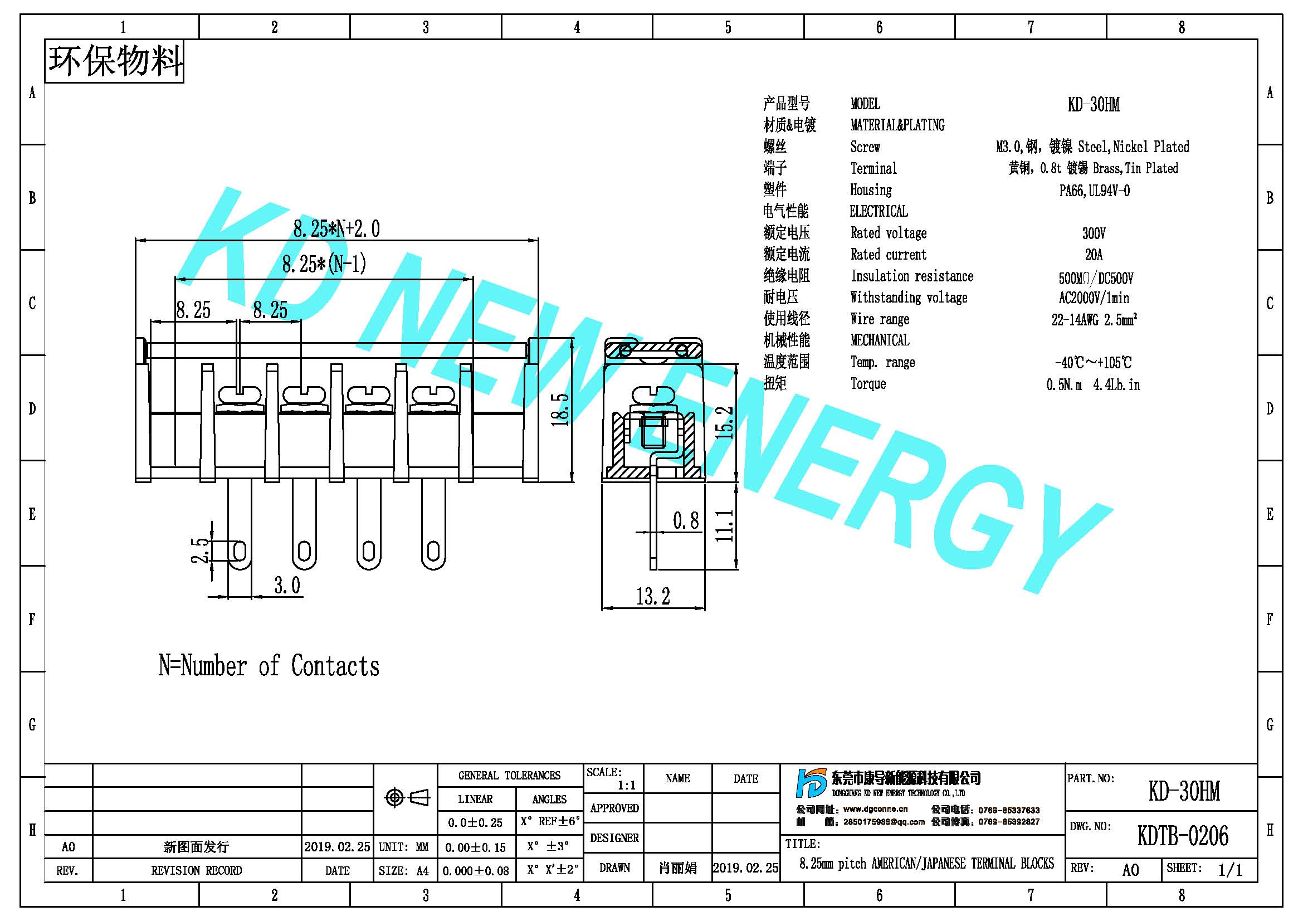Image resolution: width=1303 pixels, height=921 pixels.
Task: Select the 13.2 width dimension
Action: point(653,596)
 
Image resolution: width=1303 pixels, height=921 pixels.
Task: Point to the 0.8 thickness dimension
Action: point(686,520)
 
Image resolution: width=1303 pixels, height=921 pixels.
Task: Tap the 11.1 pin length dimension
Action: point(724,525)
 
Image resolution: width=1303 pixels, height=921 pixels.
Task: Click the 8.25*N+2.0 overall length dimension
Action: point(336,228)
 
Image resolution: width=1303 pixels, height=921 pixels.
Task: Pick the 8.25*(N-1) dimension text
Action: point(324,264)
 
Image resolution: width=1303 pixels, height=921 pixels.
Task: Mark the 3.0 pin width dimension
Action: point(287,585)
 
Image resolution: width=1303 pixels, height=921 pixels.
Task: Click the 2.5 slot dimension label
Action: point(200,550)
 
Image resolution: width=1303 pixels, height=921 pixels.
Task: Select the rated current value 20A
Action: point(1094,255)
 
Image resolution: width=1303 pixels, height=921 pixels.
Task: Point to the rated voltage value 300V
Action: point(1094,233)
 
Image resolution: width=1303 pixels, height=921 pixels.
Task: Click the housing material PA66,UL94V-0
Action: point(1094,191)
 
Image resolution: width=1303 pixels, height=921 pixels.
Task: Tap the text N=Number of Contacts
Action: point(269,666)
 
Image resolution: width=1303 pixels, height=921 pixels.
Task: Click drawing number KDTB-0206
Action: point(1183,836)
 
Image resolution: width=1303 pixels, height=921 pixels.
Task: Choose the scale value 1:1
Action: point(627,786)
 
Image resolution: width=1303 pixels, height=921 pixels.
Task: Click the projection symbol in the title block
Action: point(407,798)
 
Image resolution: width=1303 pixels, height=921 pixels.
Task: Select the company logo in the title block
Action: point(811,783)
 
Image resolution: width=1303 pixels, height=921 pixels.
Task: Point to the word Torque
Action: point(868,384)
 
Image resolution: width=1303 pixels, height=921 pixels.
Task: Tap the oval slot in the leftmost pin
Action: point(240,550)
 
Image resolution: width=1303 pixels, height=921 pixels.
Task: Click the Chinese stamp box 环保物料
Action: point(114,61)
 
